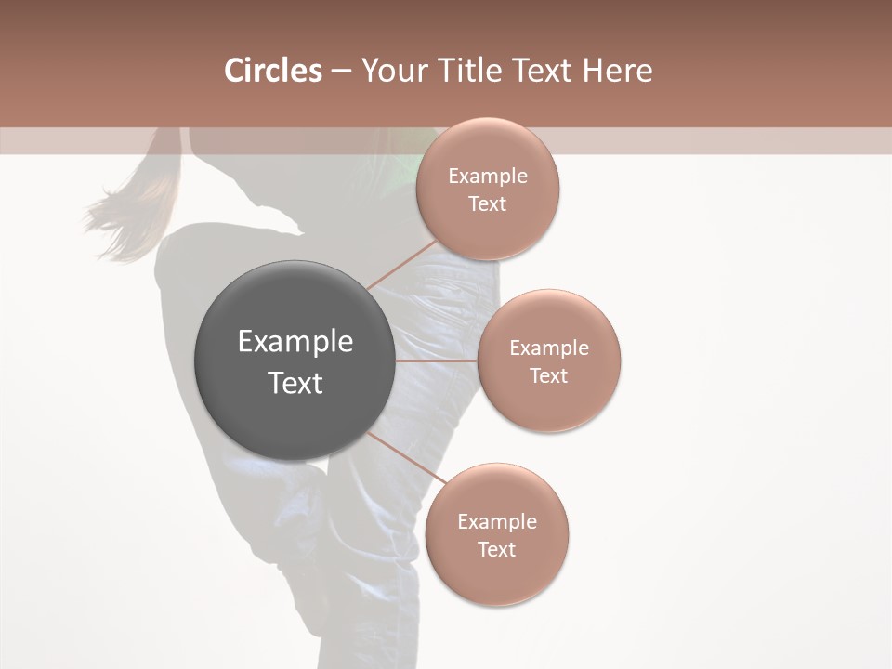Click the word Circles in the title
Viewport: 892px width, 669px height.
272,71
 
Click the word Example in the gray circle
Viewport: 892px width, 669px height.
295,342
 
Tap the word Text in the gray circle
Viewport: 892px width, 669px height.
295,383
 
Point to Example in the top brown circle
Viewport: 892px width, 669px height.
488,177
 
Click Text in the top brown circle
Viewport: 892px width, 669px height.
488,204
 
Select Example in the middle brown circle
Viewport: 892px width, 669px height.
549,348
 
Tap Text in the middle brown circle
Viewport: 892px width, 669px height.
549,376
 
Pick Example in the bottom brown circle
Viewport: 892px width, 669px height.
497,522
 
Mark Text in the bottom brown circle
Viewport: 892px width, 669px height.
497,550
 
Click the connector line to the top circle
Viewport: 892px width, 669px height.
401,265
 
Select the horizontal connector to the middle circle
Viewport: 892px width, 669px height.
436,360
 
